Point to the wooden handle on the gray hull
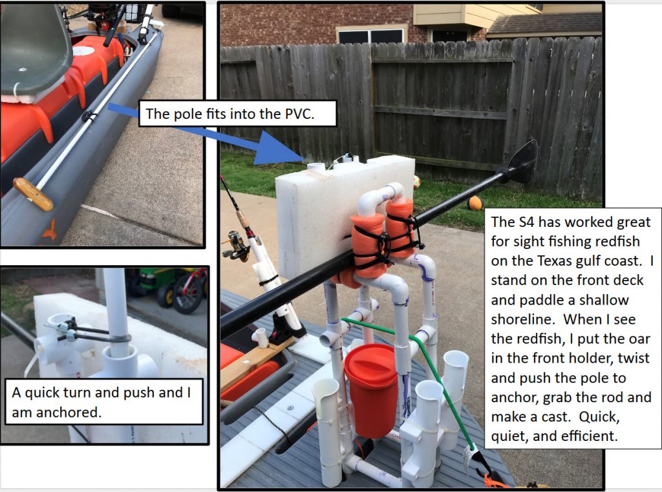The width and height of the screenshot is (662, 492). pos(32,193)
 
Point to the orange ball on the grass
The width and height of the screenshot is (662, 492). pos(475,203)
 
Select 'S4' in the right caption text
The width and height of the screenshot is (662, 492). pos(526,222)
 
